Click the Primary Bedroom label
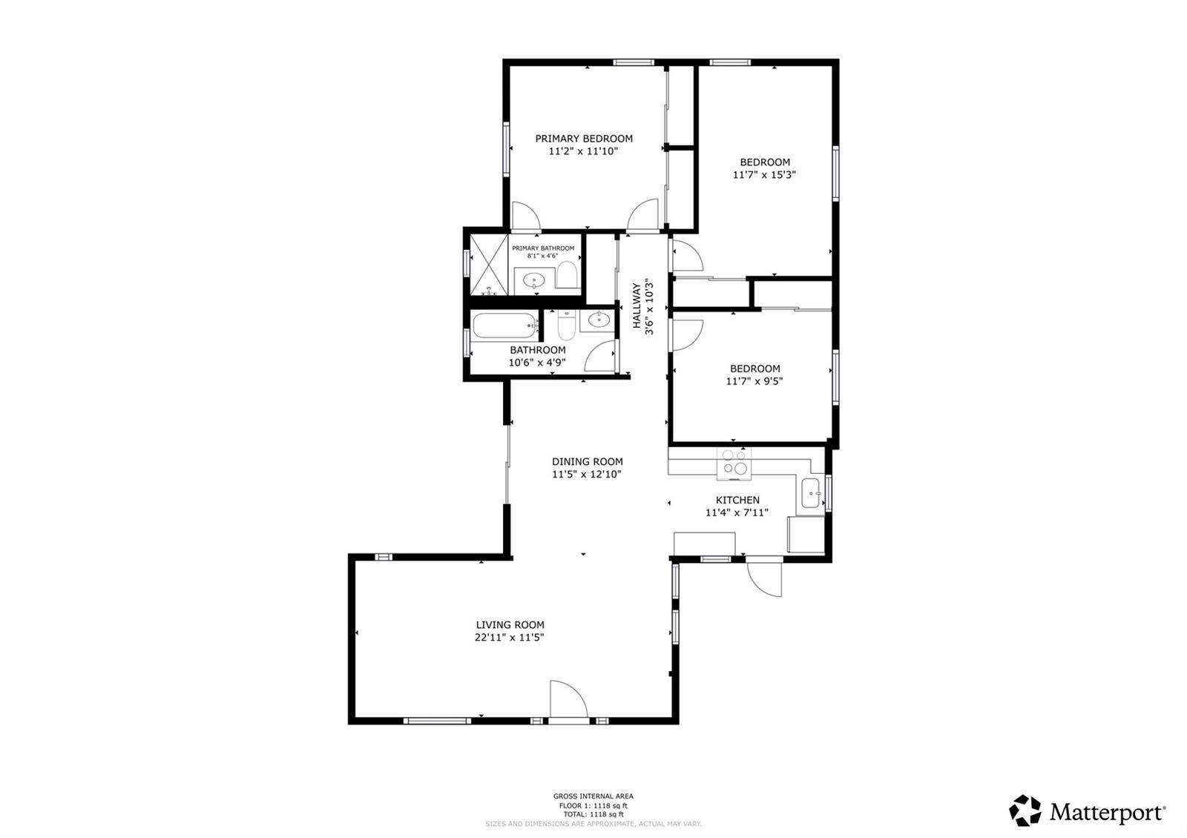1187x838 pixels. [583, 139]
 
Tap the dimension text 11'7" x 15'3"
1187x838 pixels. [764, 175]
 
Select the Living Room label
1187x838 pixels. [510, 625]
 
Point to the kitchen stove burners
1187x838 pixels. [734, 463]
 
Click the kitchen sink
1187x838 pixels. [811, 493]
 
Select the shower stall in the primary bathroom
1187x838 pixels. [489, 265]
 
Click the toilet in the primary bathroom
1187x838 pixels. [568, 274]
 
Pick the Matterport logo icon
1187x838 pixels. [1025, 811]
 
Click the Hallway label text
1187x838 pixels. [637, 306]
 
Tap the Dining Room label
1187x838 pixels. [587, 462]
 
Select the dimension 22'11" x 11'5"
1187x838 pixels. [509, 638]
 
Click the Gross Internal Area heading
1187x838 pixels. [593, 796]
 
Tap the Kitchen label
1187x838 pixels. [737, 500]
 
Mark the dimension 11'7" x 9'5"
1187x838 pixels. [754, 381]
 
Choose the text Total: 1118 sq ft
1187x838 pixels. [593, 814]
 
